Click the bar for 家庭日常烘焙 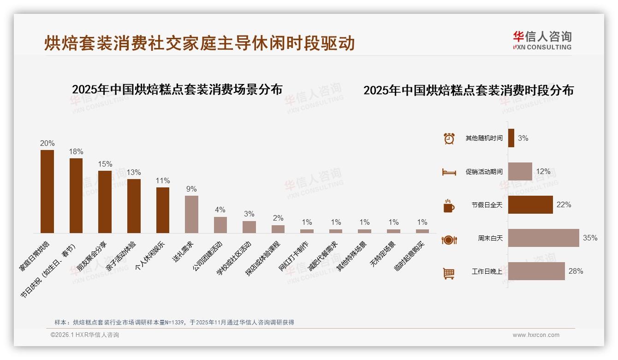47,191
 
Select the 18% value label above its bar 76,151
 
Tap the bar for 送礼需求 191,214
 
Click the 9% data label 191,189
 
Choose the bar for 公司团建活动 220,225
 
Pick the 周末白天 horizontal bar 543,238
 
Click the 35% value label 590,238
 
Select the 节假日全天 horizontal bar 530,205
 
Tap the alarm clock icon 449,138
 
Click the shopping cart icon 449,273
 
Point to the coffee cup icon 449,206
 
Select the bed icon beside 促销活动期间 449,172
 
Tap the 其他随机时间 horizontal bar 511,138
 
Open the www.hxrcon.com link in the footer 536,335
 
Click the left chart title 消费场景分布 177,89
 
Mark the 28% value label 576,271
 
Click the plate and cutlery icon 449,240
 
